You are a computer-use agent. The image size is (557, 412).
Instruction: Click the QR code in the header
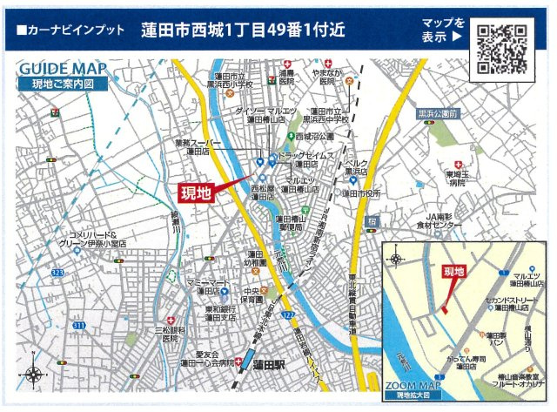point(501,50)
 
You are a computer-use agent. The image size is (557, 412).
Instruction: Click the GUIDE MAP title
point(63,70)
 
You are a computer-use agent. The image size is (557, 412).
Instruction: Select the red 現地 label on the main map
point(195,192)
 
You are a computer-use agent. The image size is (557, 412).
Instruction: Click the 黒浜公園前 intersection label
point(438,114)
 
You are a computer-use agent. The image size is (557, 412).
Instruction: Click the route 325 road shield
point(57,273)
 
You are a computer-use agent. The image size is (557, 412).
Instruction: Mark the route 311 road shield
point(78,325)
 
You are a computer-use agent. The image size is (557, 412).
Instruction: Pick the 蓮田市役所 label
point(360,193)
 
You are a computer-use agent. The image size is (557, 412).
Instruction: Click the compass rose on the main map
point(34,375)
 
